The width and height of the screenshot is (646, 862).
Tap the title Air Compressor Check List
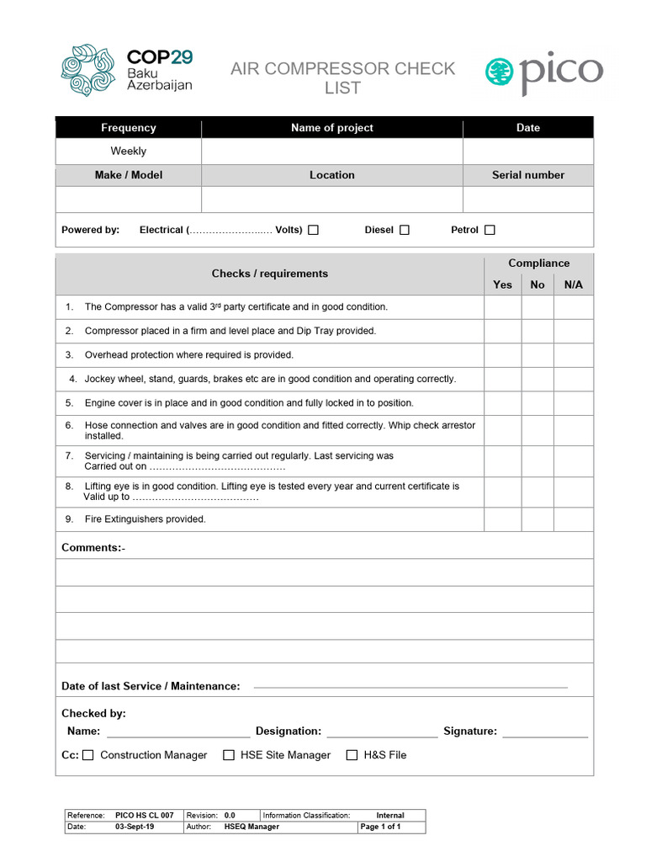point(342,77)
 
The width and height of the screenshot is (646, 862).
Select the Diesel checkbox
point(405,230)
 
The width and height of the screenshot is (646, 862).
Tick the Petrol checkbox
point(490,230)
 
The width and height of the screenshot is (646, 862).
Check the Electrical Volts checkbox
point(313,230)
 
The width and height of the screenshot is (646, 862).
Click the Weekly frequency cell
point(129,152)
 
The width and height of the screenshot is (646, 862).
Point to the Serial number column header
point(527,175)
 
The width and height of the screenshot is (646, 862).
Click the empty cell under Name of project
point(331,152)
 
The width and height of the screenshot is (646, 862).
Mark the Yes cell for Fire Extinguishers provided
point(502,519)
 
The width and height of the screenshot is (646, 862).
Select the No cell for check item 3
point(537,355)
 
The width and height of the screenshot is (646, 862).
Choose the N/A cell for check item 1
point(573,307)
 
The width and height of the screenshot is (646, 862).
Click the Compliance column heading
point(538,263)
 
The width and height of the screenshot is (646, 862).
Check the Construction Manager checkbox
point(88,755)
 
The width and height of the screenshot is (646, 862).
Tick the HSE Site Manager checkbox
point(229,755)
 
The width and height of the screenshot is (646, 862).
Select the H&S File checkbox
point(352,755)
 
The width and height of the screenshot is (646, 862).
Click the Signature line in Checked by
point(544,732)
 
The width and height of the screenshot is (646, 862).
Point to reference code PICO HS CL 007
point(145,816)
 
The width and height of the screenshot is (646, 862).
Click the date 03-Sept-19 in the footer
point(135,827)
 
